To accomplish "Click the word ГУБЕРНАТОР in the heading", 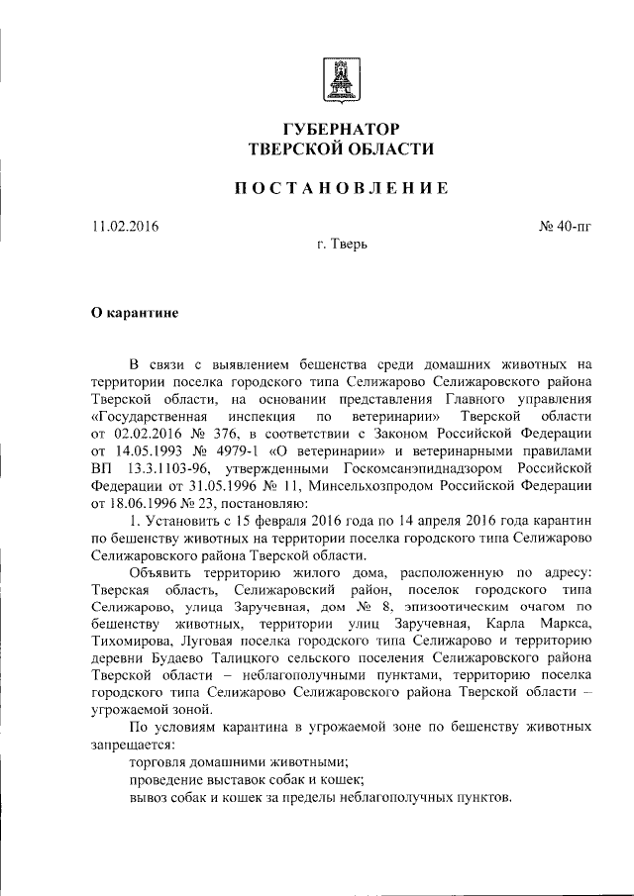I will (x=342, y=129).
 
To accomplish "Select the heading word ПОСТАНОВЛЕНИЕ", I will (x=342, y=188).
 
